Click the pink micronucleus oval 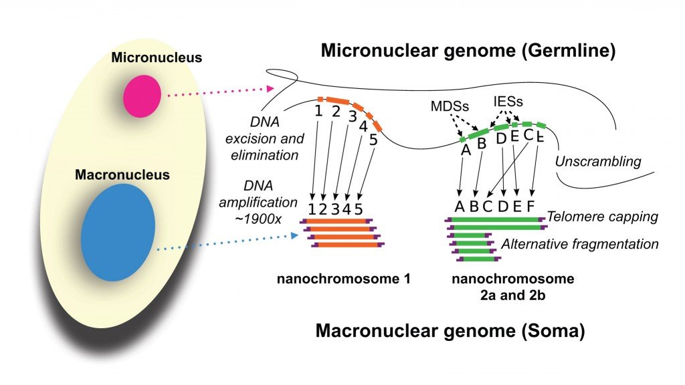click(142, 95)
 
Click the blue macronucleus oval click(118, 232)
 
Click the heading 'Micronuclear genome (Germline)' click(468, 50)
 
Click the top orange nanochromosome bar click(339, 220)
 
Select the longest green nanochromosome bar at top click(496, 219)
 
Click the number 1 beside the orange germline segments click(319, 110)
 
